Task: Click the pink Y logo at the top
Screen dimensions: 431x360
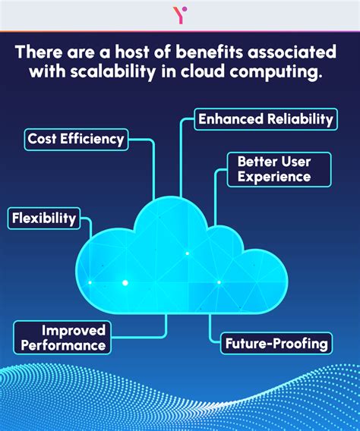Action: pos(180,14)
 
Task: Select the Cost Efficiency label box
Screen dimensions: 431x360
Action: pos(75,139)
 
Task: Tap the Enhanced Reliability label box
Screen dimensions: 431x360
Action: pos(264,118)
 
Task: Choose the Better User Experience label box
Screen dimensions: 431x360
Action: pos(279,169)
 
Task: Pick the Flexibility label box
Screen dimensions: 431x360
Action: pos(43,219)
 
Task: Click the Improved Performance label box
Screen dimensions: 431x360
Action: pos(62,338)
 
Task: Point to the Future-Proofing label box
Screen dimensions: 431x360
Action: pos(276,344)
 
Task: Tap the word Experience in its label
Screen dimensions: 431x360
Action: pos(273,177)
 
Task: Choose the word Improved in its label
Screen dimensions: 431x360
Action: pos(73,330)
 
